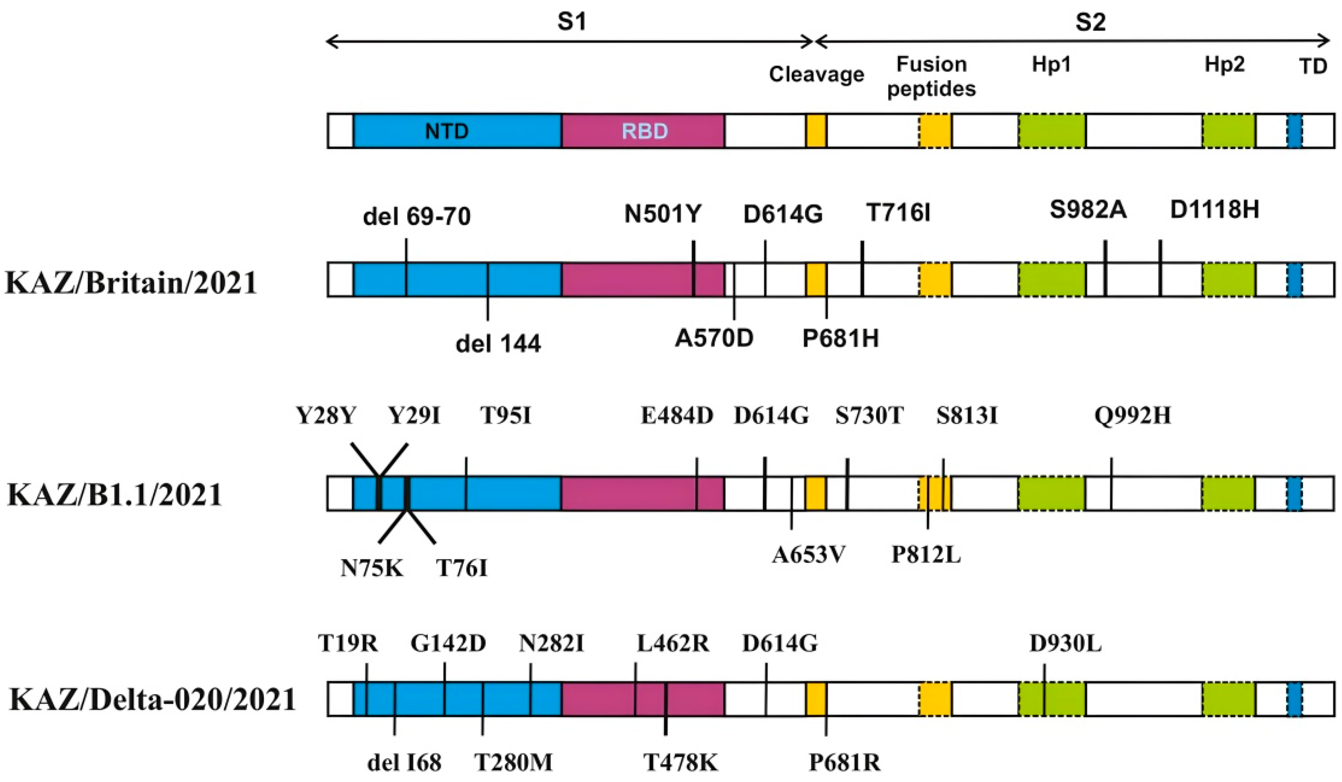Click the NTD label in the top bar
[x=446, y=131]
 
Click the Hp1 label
[x=1051, y=64]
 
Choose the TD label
[x=1313, y=67]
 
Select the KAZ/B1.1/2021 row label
[x=115, y=495]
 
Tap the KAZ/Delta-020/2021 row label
[x=153, y=699]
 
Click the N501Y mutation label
[x=663, y=214]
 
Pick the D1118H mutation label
[x=1214, y=210]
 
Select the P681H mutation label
[x=840, y=338]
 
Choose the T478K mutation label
[x=681, y=762]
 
